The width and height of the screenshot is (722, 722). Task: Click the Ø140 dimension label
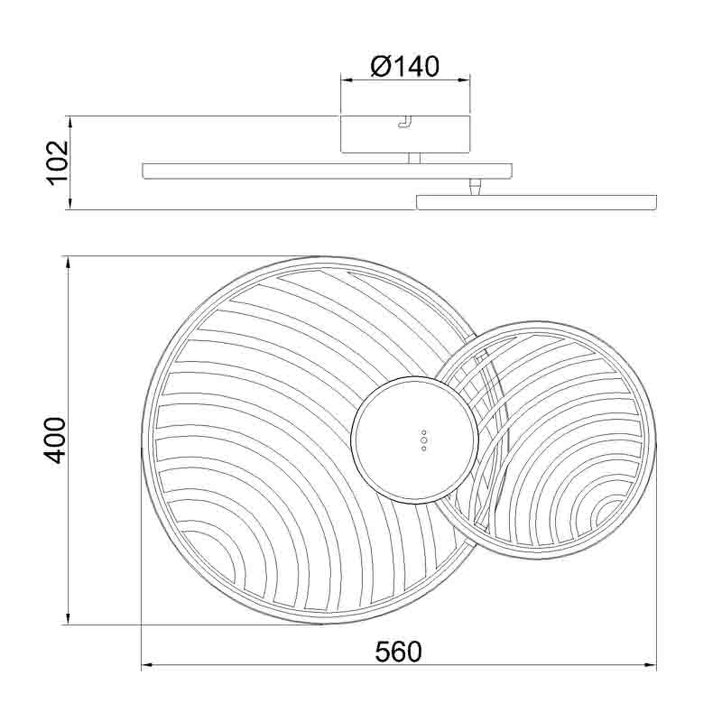click(x=405, y=67)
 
